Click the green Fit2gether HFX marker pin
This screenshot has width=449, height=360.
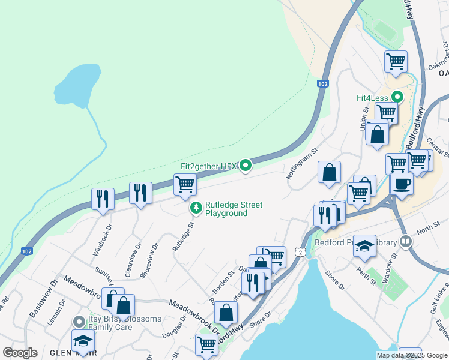tap(246, 166)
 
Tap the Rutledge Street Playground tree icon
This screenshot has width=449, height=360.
tap(196, 208)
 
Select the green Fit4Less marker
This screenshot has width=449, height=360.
tap(397, 97)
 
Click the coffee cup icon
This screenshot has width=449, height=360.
tap(402, 183)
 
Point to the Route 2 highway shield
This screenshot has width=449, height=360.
tap(299, 253)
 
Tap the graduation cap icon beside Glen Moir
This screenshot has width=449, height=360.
tap(83, 340)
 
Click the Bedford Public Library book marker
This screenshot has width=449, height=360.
tap(406, 242)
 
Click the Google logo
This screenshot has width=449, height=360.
tap(20, 352)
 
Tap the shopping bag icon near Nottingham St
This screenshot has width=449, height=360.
tap(329, 172)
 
